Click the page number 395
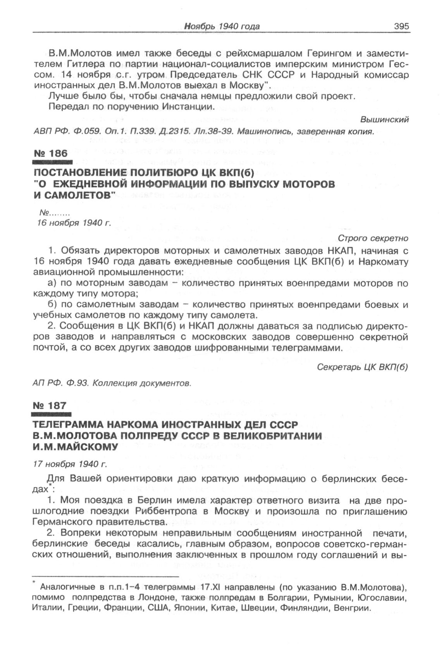[x=401, y=26]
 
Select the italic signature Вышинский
[x=384, y=120]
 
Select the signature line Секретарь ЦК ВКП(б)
[x=363, y=366]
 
